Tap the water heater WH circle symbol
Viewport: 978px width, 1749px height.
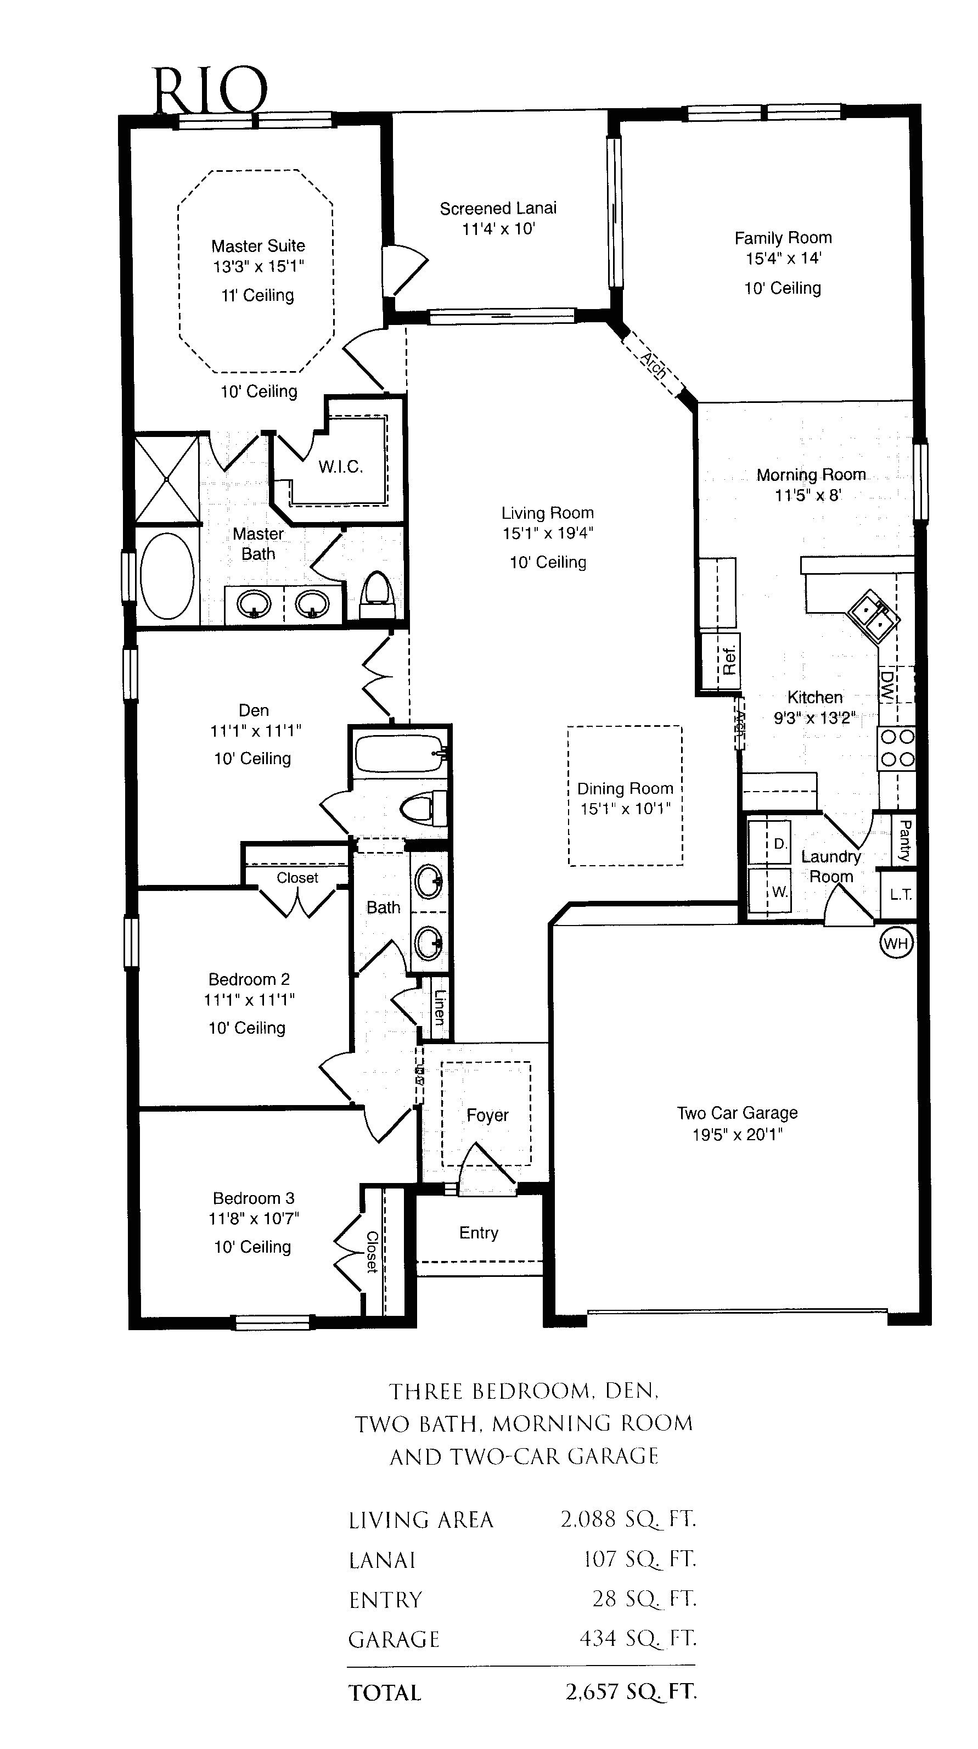click(896, 943)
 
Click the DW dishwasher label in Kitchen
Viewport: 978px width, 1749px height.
click(886, 686)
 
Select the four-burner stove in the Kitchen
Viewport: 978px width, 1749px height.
click(897, 748)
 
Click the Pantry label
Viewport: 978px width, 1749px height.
click(904, 840)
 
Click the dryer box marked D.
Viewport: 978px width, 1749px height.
click(779, 844)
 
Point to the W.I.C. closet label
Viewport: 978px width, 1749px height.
click(341, 467)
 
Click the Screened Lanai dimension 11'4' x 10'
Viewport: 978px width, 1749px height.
click(498, 229)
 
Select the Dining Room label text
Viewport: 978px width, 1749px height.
click(625, 788)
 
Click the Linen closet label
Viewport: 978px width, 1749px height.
click(439, 1007)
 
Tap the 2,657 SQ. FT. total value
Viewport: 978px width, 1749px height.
click(631, 1692)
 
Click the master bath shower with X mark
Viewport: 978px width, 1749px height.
click(167, 479)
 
